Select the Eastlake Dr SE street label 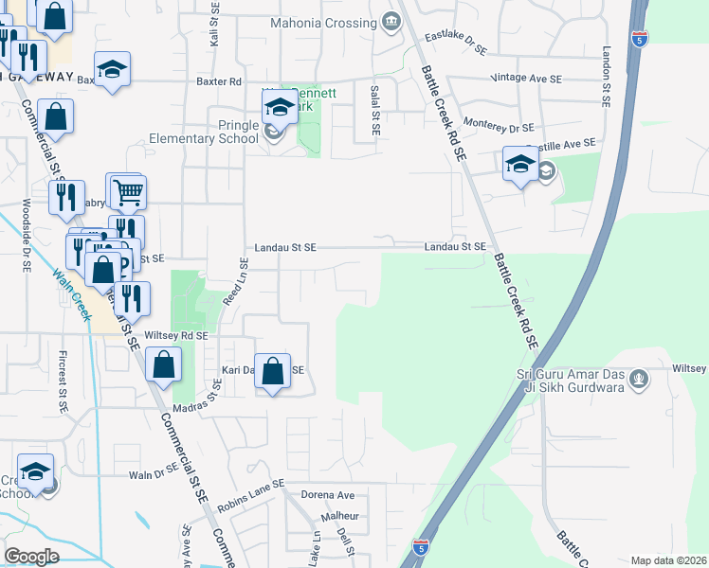coord(455,43)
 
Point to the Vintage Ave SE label coord(528,80)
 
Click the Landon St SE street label coord(605,73)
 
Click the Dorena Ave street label coord(327,495)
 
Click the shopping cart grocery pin coord(128,193)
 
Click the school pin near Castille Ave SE coord(520,166)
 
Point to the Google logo coord(31,556)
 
